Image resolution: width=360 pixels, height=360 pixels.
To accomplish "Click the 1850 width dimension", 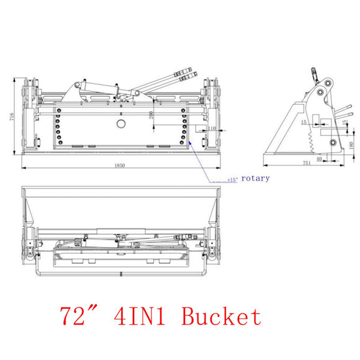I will (120, 165).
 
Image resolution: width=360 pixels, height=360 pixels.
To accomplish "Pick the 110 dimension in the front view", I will (212, 128).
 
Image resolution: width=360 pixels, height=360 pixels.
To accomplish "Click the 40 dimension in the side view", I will (319, 159).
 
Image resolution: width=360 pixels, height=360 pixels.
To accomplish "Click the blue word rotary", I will (256, 178).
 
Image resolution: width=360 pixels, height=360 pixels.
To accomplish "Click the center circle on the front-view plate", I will (120, 124).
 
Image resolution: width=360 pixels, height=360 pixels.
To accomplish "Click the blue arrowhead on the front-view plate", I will (190, 143).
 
